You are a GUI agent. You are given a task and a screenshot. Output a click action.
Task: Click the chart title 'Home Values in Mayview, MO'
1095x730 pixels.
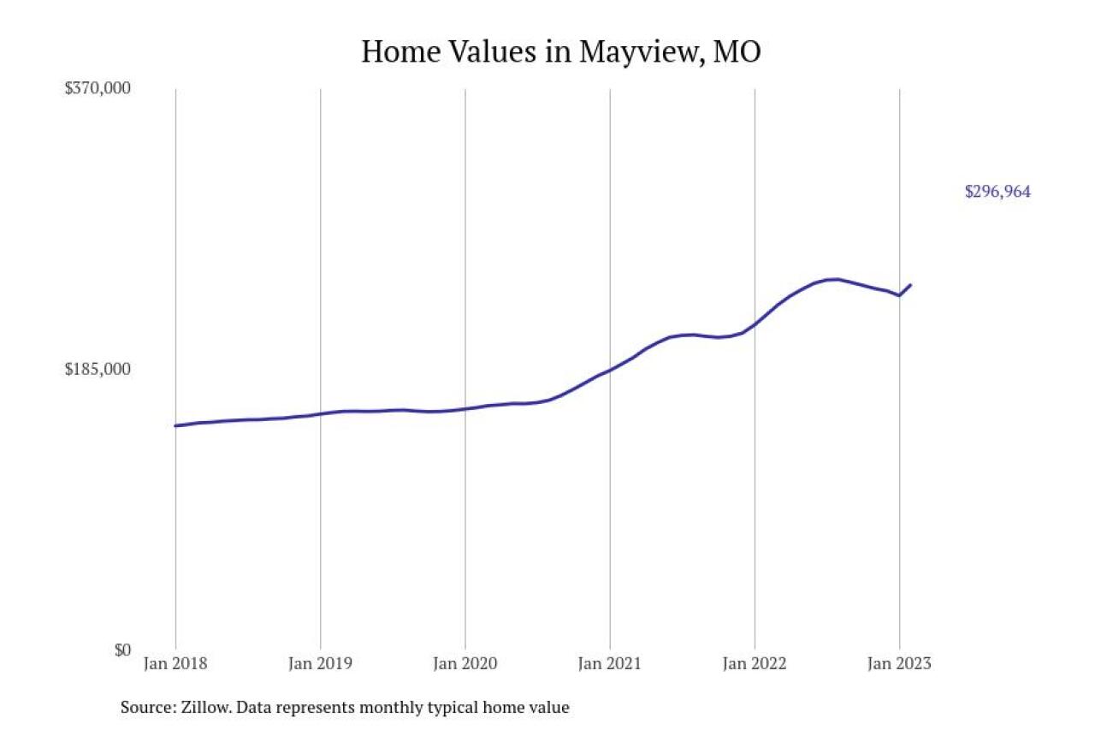[560, 52]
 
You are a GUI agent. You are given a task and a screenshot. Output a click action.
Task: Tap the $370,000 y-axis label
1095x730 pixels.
[98, 88]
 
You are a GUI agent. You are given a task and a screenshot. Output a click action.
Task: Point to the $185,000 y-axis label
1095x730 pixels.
[98, 369]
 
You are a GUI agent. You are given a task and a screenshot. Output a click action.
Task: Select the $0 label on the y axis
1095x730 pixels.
[122, 650]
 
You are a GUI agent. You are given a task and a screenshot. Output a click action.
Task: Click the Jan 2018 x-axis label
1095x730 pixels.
[175, 663]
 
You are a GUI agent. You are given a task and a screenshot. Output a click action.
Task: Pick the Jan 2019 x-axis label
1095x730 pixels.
[320, 663]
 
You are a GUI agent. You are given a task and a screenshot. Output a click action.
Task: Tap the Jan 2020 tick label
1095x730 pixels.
[465, 663]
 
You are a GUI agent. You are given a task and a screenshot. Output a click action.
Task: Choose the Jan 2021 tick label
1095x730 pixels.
[609, 663]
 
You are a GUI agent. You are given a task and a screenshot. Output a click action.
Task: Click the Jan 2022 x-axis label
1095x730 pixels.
[754, 663]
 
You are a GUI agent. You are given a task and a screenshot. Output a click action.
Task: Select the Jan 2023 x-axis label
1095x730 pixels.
[898, 663]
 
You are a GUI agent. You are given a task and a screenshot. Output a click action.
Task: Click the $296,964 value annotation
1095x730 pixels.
[997, 192]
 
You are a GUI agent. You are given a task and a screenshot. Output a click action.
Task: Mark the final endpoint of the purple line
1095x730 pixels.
[911, 284]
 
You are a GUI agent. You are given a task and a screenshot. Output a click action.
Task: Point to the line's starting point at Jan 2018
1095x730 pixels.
[175, 425]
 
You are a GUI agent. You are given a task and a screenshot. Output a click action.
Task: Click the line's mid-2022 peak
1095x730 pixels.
[834, 279]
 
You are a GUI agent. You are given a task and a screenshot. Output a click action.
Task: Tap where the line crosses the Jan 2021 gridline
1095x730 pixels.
[610, 370]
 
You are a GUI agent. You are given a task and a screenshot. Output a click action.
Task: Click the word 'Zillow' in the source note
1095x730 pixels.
[204, 708]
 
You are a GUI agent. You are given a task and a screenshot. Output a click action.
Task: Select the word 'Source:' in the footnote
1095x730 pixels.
[147, 708]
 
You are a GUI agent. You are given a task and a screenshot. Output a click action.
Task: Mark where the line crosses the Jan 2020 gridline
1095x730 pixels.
[465, 409]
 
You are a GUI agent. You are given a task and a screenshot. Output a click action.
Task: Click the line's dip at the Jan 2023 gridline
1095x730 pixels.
[899, 295]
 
